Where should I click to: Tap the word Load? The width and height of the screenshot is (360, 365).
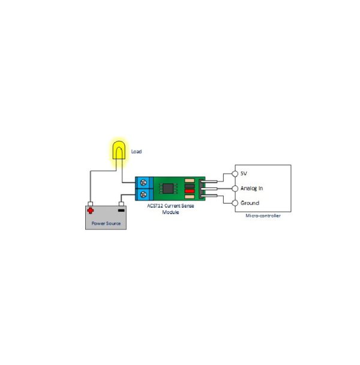(x=136, y=151)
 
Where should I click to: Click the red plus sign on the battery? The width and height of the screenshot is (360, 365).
(x=90, y=211)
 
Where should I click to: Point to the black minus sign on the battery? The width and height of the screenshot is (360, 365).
(x=121, y=211)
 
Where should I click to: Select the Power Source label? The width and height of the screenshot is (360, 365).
(x=106, y=223)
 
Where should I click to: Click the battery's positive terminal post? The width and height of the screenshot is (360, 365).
(x=90, y=204)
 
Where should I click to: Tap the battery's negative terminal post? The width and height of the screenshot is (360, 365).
(x=121, y=204)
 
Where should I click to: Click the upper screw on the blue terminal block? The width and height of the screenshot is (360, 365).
(x=143, y=182)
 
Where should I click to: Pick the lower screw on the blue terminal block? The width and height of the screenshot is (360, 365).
(x=143, y=194)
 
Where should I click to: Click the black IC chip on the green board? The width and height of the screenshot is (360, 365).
(x=168, y=189)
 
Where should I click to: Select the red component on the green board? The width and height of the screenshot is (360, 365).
(x=190, y=191)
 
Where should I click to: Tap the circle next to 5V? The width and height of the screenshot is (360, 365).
(x=235, y=173)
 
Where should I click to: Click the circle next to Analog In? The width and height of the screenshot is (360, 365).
(x=235, y=189)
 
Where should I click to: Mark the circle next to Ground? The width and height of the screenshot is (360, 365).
(x=235, y=203)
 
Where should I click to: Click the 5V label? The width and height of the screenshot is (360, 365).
(x=244, y=173)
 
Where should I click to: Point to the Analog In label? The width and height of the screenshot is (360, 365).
(x=252, y=188)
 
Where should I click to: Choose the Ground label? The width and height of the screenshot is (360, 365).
(x=250, y=203)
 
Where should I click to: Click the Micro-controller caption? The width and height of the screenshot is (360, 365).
(x=263, y=216)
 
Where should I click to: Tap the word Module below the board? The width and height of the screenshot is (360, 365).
(x=170, y=212)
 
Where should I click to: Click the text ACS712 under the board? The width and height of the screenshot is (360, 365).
(x=155, y=206)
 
